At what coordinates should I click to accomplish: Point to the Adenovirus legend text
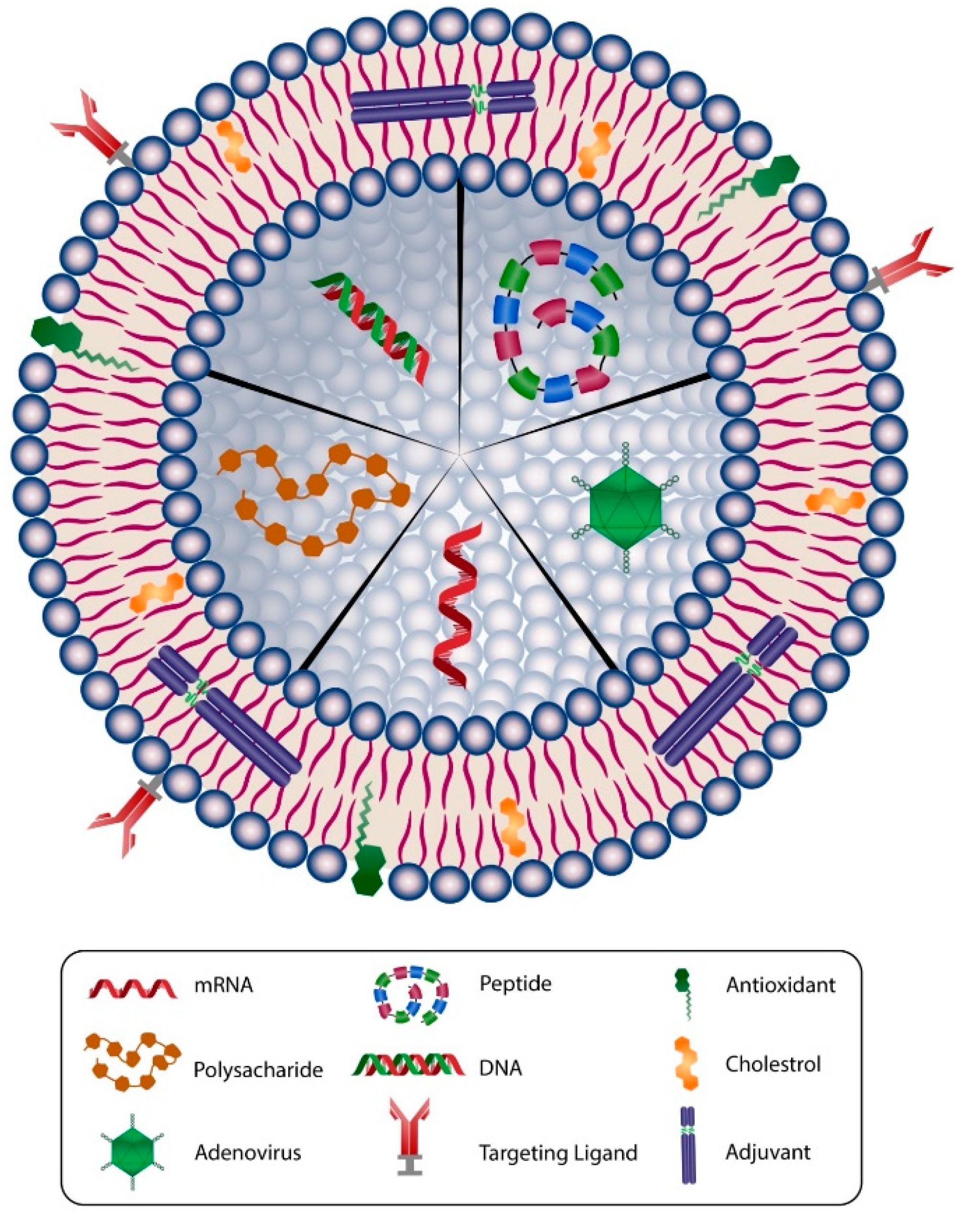[248, 1153]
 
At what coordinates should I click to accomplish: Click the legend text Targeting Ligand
[558, 1153]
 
